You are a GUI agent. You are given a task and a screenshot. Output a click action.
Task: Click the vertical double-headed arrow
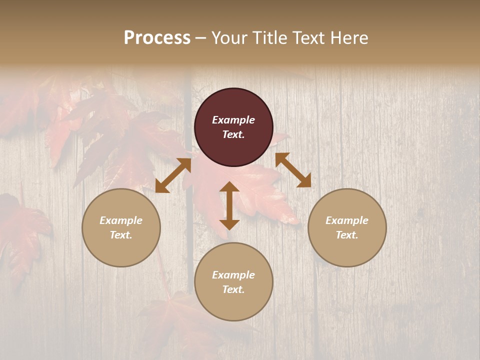(x=229, y=205)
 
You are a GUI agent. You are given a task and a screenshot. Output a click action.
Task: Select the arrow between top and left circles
(x=173, y=175)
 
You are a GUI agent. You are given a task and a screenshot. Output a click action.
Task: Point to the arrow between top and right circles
(x=293, y=170)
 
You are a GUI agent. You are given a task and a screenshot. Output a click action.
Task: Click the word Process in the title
(x=157, y=38)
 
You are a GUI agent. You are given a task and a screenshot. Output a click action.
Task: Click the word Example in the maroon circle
(x=233, y=120)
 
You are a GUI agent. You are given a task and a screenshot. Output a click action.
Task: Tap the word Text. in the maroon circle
(x=233, y=134)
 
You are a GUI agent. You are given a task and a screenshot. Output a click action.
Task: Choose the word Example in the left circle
(x=121, y=220)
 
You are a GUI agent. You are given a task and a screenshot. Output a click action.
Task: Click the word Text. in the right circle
(x=347, y=235)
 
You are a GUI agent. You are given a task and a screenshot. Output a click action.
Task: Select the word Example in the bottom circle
(x=233, y=275)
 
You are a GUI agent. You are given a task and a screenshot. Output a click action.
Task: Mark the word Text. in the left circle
(x=121, y=235)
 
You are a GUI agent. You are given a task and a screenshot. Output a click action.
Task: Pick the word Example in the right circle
(x=347, y=220)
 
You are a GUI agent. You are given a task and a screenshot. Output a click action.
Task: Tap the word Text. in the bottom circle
(x=233, y=289)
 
